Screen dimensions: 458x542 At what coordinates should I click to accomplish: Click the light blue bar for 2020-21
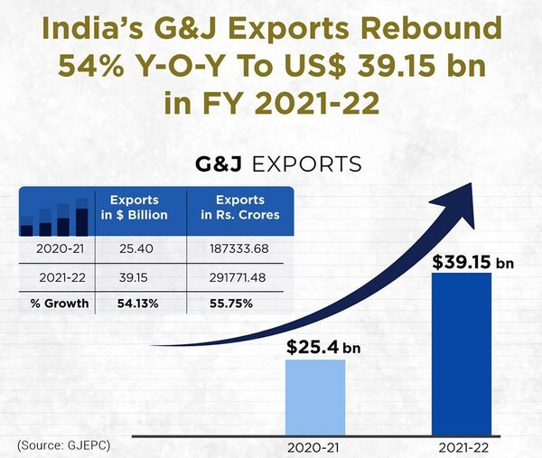[315, 397]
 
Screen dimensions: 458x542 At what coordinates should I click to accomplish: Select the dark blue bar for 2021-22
[462, 353]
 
